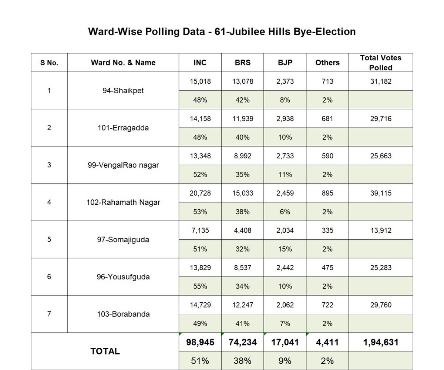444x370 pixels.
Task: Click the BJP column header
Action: point(285,63)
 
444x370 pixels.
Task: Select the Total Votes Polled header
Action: point(380,63)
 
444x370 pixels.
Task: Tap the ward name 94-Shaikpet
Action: point(123,91)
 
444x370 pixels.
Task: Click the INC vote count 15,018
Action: point(200,81)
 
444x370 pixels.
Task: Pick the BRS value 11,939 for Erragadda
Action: point(242,119)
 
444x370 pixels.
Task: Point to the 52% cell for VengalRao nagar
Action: point(200,175)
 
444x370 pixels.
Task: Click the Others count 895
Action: point(327,193)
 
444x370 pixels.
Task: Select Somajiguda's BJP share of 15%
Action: point(285,249)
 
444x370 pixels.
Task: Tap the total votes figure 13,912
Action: point(381,231)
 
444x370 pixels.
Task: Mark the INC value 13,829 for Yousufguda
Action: point(200,268)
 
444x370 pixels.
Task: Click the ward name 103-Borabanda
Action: point(123,314)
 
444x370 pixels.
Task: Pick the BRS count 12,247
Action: point(242,305)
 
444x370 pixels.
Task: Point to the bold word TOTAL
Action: point(105,351)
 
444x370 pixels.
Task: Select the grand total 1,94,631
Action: point(381,342)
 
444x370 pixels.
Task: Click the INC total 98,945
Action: point(200,342)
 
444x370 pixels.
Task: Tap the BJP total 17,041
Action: point(285,342)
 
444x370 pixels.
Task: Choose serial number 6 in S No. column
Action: point(49,277)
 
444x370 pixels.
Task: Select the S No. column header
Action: point(49,63)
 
